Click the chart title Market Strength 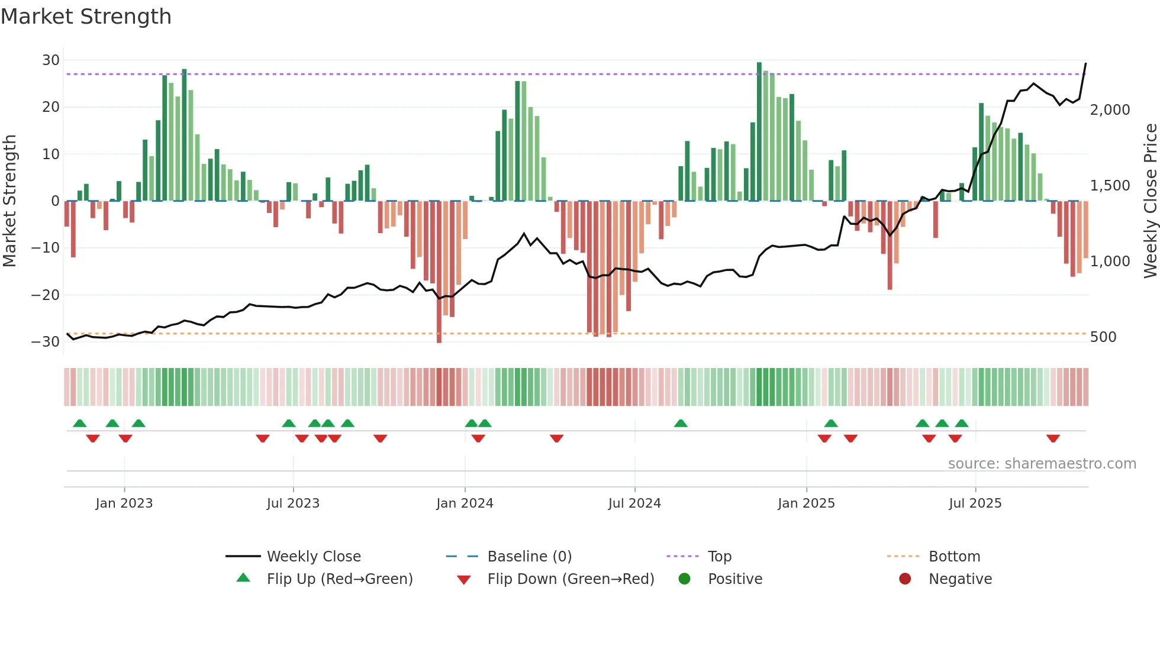(x=86, y=17)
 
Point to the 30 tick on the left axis (x=51, y=60)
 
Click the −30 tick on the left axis (x=46, y=342)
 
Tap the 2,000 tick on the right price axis (x=1110, y=110)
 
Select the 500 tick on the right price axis (x=1103, y=337)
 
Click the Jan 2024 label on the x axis (x=465, y=503)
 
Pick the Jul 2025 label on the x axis (x=975, y=503)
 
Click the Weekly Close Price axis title (x=1150, y=201)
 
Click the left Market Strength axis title (x=9, y=201)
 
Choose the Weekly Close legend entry (x=313, y=557)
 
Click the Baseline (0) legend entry (x=529, y=557)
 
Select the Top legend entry (x=719, y=557)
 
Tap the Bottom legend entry (x=954, y=557)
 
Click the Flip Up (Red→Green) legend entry (x=339, y=579)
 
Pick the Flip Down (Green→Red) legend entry (x=571, y=579)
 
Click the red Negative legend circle (x=905, y=579)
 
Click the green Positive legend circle (x=685, y=579)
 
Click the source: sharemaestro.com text (x=1042, y=464)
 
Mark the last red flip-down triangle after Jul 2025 (x=1053, y=438)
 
